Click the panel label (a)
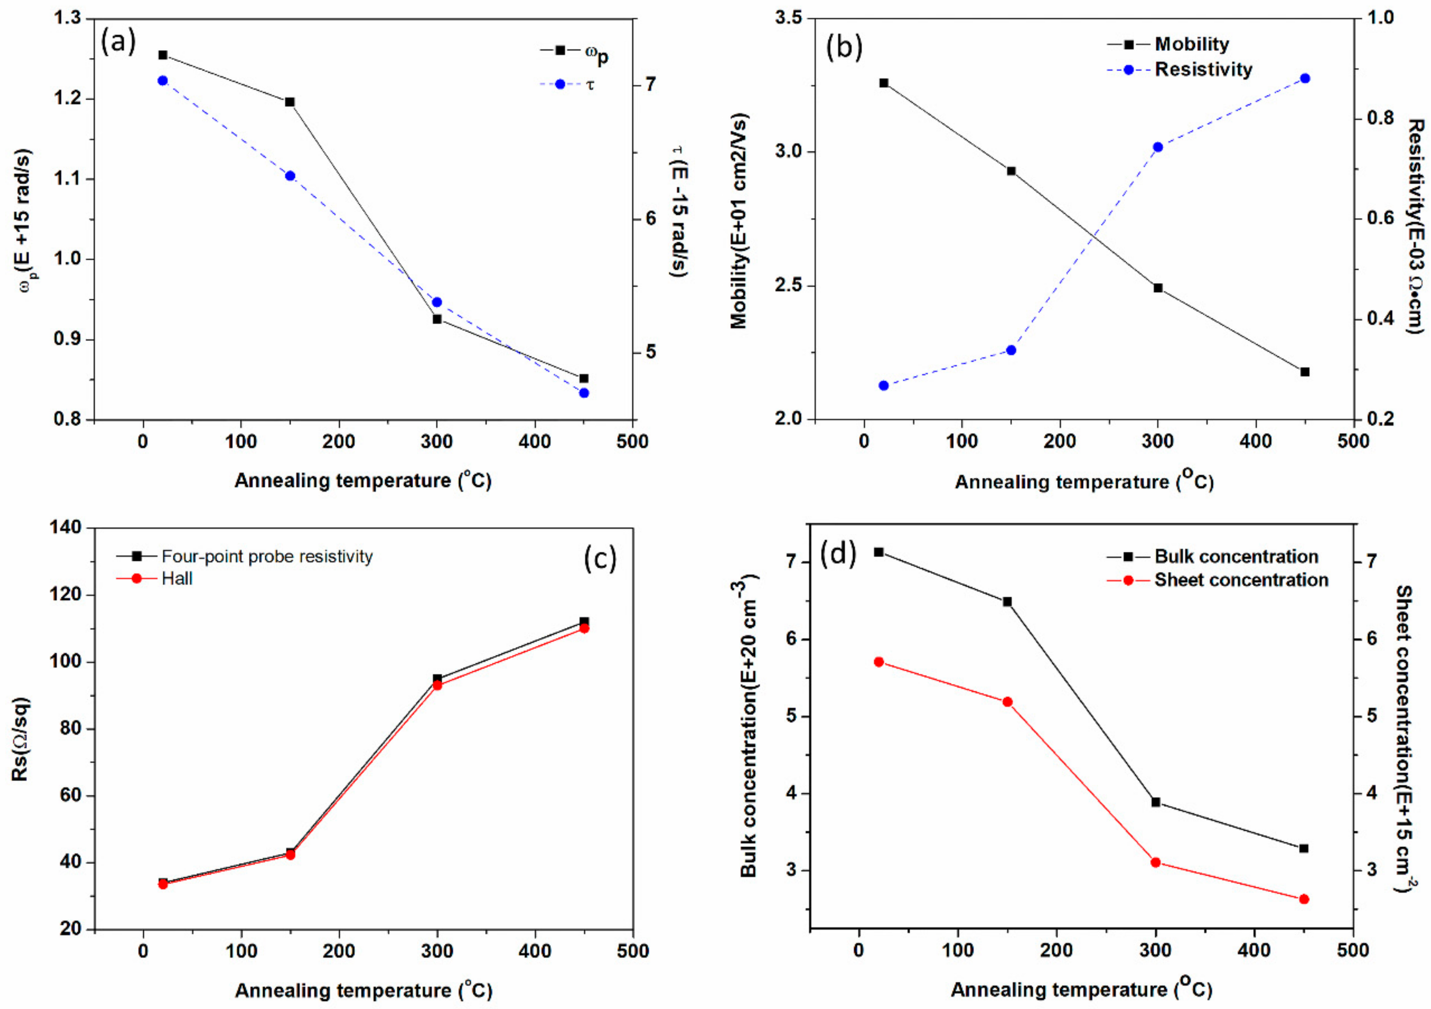[x=118, y=42]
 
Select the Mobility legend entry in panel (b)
[x=1191, y=44]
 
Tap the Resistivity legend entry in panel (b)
[x=1203, y=69]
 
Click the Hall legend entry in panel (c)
[x=177, y=578]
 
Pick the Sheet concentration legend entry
[x=1240, y=580]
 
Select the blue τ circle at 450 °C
[x=584, y=393]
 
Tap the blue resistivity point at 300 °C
[x=1158, y=147]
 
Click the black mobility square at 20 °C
[x=884, y=83]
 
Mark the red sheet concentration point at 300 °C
[x=1155, y=863]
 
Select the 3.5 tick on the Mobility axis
[x=789, y=19]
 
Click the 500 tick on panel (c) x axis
[x=633, y=951]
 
